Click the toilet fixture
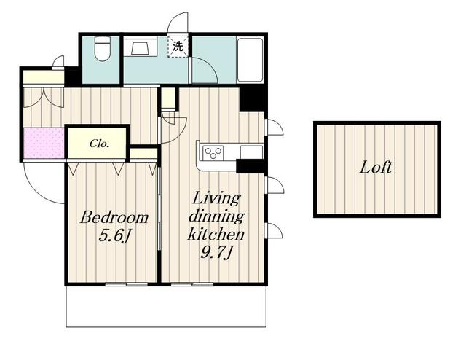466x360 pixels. click(x=102, y=49)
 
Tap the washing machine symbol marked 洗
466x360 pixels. click(x=178, y=47)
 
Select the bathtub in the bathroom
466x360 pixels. click(x=250, y=60)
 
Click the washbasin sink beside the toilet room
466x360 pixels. click(x=141, y=47)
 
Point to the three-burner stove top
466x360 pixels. click(x=213, y=153)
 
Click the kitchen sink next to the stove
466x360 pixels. click(x=251, y=152)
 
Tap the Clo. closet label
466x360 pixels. click(x=100, y=144)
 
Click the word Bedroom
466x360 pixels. click(x=114, y=217)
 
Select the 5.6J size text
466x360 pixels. click(x=115, y=237)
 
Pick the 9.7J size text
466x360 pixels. click(x=216, y=253)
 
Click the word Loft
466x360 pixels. click(x=376, y=167)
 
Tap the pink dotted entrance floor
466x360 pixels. click(x=44, y=143)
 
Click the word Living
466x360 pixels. click(x=216, y=199)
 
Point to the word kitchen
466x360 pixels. click(x=216, y=234)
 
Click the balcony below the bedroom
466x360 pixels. click(x=166, y=307)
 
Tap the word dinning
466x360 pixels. click(x=216, y=216)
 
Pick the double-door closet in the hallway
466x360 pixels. click(x=44, y=98)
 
